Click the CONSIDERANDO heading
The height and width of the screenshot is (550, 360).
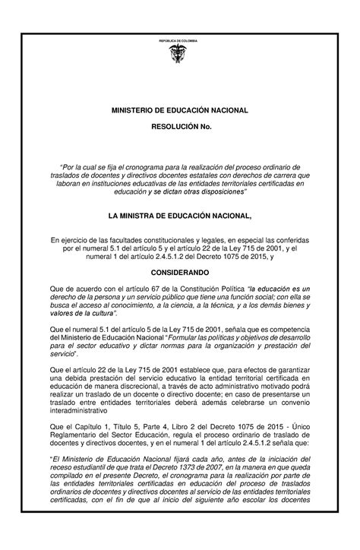180,270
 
